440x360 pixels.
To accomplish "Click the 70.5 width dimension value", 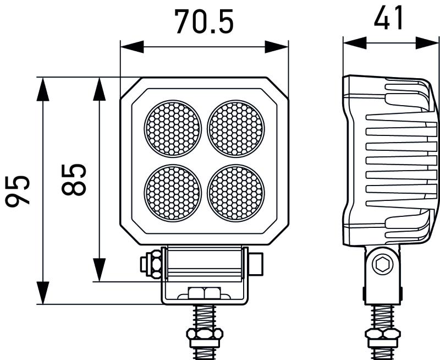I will (204, 21).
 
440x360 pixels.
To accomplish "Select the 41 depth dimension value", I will (389, 19).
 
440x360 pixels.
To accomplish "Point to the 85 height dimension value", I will (74, 179).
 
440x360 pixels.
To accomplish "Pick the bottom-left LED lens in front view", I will (173, 192).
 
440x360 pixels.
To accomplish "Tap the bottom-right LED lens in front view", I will (236, 192).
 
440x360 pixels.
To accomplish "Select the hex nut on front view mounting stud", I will (204, 334).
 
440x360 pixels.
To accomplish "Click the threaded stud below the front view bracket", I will (204, 317).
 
